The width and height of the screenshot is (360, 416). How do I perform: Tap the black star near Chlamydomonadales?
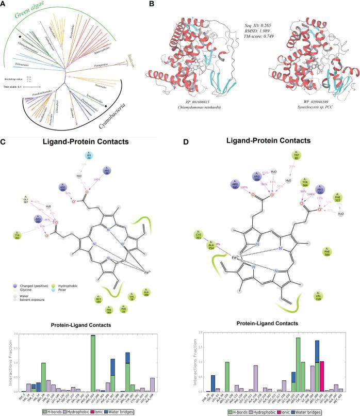coord(20,38)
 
